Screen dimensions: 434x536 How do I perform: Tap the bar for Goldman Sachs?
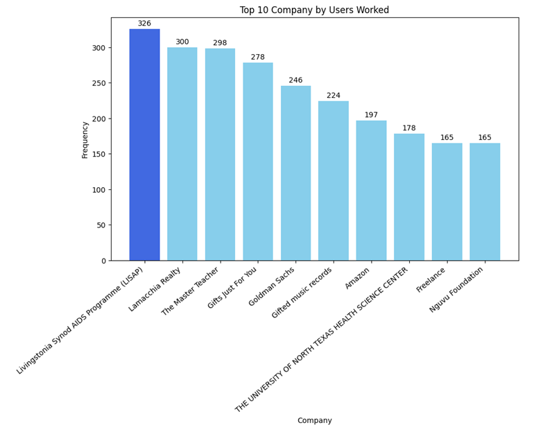(x=295, y=173)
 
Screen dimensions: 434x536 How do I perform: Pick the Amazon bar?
(x=371, y=190)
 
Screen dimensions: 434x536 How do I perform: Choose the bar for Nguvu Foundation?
(x=485, y=202)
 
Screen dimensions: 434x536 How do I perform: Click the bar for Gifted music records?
(x=334, y=181)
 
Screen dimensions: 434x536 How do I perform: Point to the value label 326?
(x=144, y=24)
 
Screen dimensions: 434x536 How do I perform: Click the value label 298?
(x=220, y=43)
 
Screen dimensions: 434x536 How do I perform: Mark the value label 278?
(x=258, y=58)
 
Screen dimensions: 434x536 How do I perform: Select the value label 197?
(x=371, y=115)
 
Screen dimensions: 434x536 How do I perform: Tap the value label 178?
(x=409, y=128)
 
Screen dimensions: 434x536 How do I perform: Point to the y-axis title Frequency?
(x=85, y=139)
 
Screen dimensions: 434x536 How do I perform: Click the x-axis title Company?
(x=314, y=420)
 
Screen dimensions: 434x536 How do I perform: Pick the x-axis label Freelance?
(x=432, y=280)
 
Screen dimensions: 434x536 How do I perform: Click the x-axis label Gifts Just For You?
(x=232, y=288)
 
